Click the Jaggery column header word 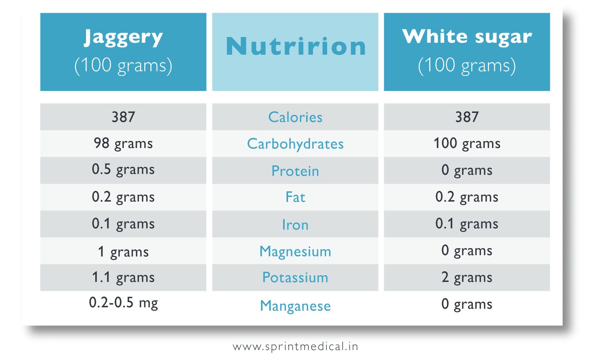point(123,38)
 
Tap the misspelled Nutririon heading point(295,47)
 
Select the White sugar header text point(467,37)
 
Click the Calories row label point(295,117)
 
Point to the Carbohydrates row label point(295,144)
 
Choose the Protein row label point(295,171)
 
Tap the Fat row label point(295,197)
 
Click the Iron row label point(295,225)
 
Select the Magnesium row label point(295,251)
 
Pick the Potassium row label point(295,278)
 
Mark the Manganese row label point(295,306)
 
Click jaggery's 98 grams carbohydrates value point(123,143)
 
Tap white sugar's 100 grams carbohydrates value point(467,143)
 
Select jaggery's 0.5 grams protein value point(123,170)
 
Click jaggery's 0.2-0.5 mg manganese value point(123,303)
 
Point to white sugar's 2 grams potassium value point(467,278)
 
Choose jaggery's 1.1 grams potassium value point(123,278)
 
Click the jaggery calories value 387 point(123,117)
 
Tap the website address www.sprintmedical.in point(295,347)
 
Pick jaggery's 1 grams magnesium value point(123,252)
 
